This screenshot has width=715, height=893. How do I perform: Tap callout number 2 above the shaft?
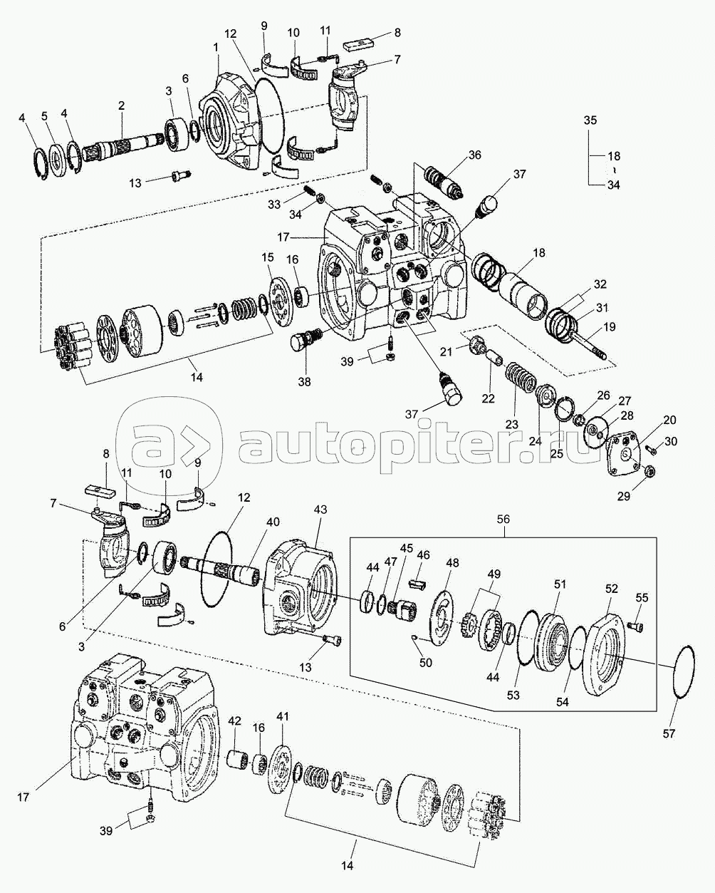click(121, 105)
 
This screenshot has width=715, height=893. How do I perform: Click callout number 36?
click(474, 155)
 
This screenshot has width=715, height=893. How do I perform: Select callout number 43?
click(320, 510)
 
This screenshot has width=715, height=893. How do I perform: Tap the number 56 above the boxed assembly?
click(503, 521)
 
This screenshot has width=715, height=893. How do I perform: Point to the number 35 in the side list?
click(590, 120)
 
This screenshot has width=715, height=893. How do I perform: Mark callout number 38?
click(305, 382)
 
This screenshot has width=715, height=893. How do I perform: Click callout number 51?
click(560, 584)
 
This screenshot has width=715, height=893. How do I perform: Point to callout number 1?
click(215, 46)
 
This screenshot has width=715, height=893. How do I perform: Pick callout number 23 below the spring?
click(511, 423)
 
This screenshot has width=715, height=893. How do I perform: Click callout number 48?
click(452, 562)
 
